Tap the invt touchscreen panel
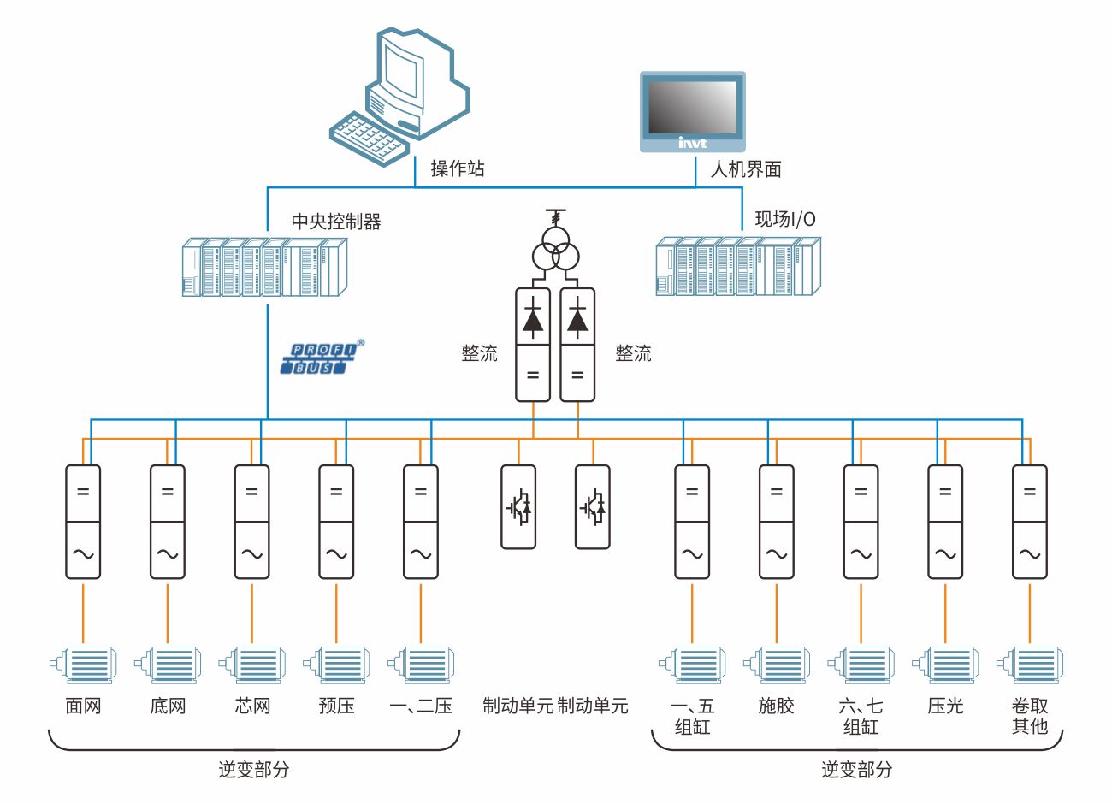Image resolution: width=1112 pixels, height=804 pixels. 693,111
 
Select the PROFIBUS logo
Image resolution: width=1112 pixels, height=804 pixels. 322,358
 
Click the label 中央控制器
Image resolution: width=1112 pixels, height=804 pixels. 336,222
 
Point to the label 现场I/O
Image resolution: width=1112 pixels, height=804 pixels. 784,220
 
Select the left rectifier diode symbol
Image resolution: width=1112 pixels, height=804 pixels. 533,318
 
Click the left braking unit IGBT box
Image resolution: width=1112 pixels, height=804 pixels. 518,506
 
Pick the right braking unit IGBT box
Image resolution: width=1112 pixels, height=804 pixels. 592,506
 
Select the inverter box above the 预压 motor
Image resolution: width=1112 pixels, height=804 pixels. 336,522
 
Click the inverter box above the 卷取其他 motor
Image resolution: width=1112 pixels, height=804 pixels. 1029,522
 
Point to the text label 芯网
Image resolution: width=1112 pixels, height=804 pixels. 252,706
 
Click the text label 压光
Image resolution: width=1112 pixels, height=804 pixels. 945,706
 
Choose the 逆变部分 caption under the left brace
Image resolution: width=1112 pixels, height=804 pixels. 254,770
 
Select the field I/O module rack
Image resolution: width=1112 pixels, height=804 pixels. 738,267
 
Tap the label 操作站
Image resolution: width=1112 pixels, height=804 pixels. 458,169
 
